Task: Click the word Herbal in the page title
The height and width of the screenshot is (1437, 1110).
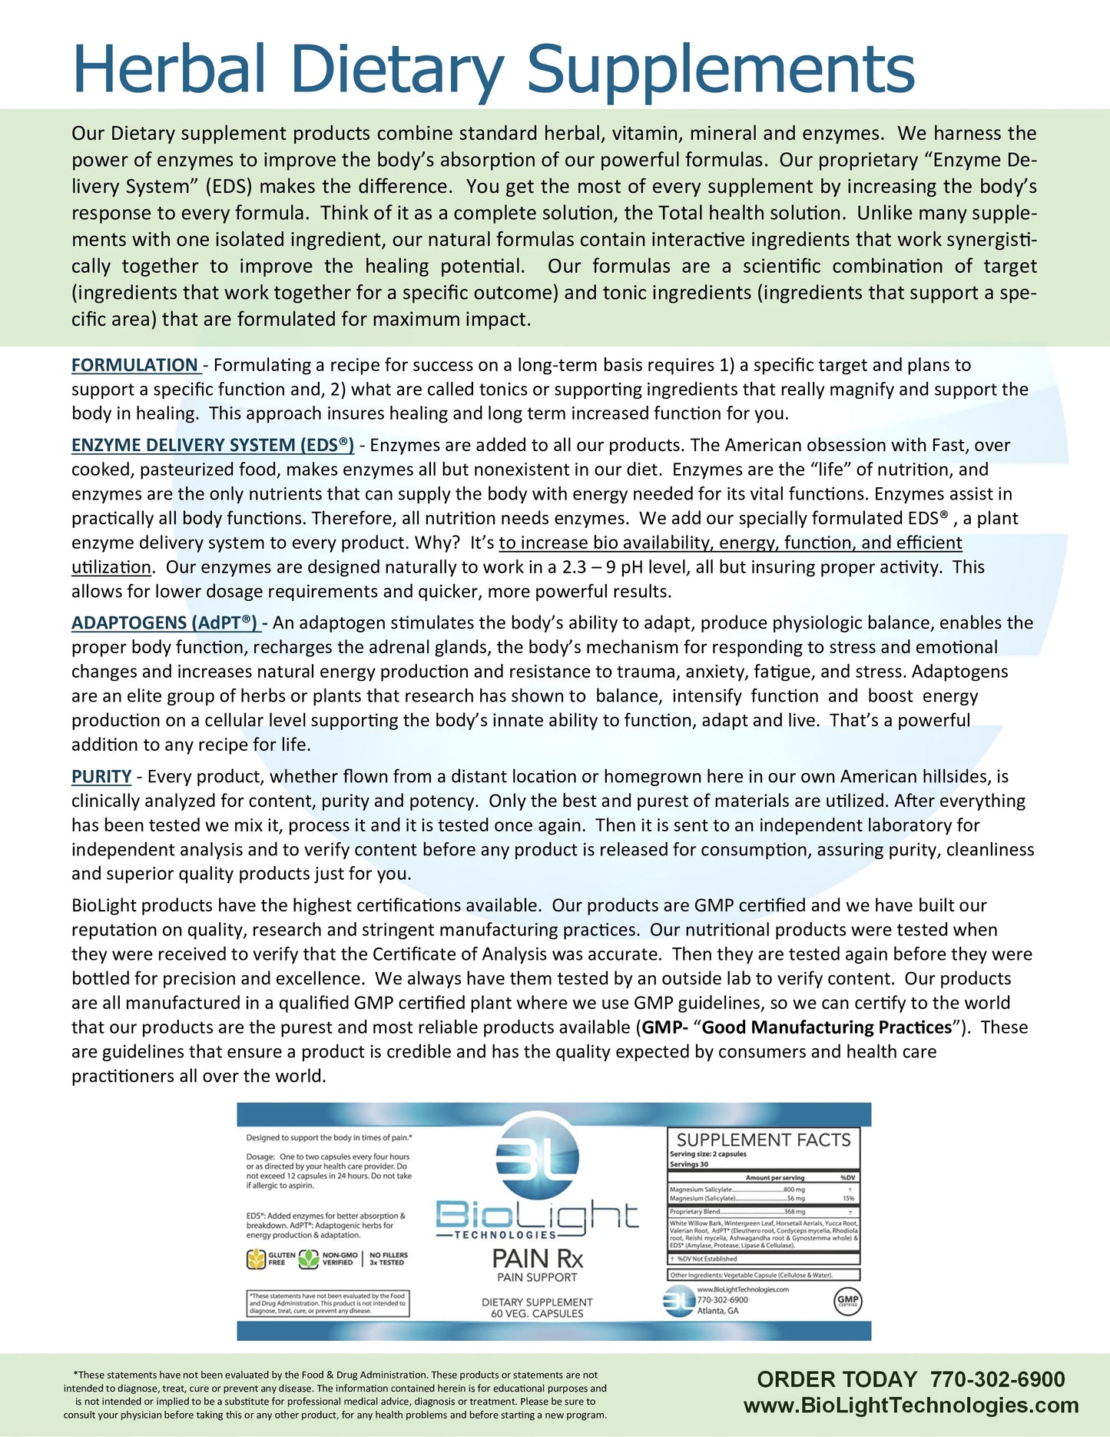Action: coord(169,69)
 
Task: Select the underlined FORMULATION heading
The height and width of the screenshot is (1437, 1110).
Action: coord(135,365)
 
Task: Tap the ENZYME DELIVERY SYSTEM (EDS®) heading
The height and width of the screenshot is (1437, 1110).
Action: coord(213,445)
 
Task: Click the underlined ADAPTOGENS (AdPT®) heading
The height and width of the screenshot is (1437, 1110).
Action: coord(164,622)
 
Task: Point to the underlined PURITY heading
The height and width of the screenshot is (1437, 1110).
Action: coord(101,777)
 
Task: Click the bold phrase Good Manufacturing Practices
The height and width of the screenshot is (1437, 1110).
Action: coord(827,1027)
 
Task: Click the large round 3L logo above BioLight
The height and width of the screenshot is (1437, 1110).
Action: coord(537,1155)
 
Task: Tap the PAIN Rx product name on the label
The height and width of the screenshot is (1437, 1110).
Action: coord(537,1259)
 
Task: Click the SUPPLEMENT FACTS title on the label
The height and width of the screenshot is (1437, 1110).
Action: coord(764,1140)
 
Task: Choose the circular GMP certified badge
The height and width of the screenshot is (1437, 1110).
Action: coord(847,1301)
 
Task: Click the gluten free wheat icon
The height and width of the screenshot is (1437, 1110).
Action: coord(256,1259)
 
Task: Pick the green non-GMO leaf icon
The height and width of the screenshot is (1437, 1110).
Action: coord(309,1259)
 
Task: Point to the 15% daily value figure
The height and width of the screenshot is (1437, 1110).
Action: coord(848,1199)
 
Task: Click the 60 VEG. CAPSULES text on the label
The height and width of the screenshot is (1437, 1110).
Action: coord(537,1313)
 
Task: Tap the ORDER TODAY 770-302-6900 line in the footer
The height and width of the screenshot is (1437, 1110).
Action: coord(911,1379)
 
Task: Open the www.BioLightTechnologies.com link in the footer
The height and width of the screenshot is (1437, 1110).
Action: coord(911,1405)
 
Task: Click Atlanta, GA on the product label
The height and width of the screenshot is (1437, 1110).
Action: coord(717,1311)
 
